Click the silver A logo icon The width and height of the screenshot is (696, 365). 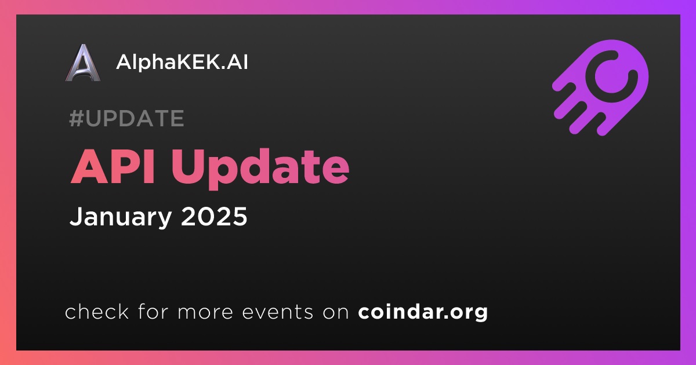point(83,63)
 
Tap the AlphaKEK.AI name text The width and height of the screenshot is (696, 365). point(182,62)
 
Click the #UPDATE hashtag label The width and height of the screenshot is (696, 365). point(127,118)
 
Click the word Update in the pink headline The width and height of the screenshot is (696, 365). point(260,169)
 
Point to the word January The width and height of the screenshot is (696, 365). point(121,217)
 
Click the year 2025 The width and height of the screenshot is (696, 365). point(214,216)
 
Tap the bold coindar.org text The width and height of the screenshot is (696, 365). point(423,312)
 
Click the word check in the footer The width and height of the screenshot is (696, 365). point(97,311)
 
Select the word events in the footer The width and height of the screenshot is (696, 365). point(277,312)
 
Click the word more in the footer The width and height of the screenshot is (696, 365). point(205,312)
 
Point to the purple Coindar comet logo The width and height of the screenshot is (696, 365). point(600,87)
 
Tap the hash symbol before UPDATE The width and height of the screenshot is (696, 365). point(77,118)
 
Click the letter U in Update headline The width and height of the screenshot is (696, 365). point(189,167)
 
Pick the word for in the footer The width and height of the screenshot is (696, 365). point(153,311)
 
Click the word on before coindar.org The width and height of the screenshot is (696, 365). point(336,312)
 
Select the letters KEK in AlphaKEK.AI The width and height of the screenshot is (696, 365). point(197,62)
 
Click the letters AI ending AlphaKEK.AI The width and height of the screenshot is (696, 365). point(237,62)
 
